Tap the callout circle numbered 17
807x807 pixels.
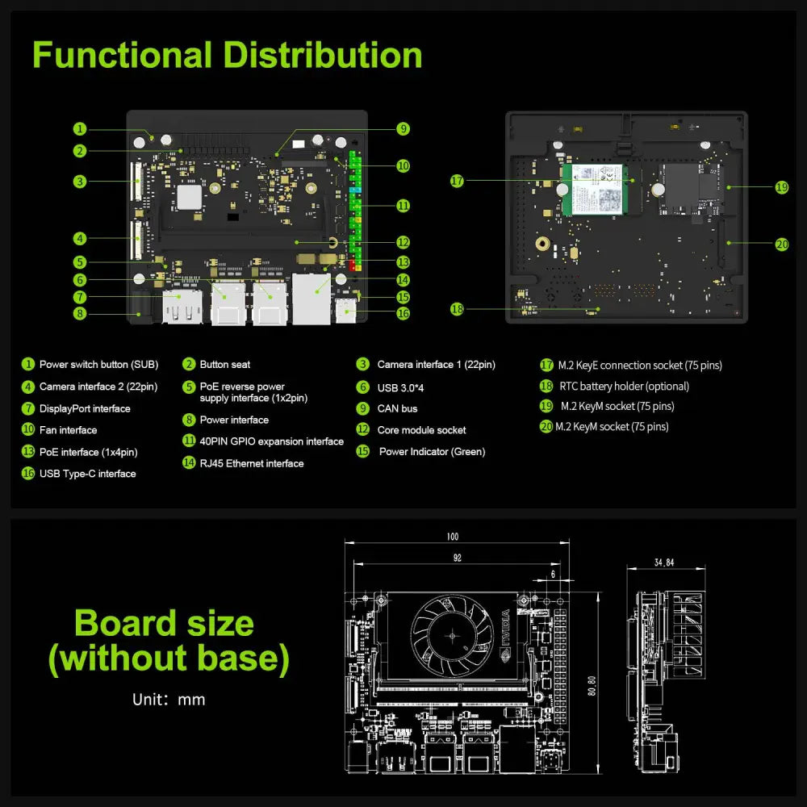(458, 182)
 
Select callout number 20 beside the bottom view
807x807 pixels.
(781, 244)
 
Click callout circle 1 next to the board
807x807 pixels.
(79, 128)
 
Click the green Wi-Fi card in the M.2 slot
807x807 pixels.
(597, 189)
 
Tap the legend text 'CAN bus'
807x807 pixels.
(397, 408)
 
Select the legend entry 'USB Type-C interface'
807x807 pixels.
(87, 474)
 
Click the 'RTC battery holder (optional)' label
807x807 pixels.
(624, 387)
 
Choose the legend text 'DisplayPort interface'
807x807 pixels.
(85, 408)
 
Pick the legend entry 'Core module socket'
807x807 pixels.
(421, 430)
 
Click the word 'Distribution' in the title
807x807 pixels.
(322, 55)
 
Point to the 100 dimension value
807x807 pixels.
(452, 537)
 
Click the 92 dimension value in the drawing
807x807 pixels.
(457, 557)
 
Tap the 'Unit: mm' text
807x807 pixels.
(169, 699)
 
